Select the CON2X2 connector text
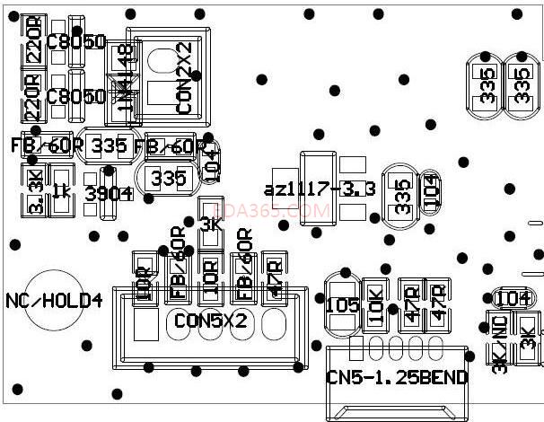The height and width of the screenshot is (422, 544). pos(184,78)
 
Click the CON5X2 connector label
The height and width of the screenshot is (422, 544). pos(210,320)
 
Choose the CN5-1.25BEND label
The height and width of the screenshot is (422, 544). pos(397,378)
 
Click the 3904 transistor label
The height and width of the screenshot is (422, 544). pos(109,193)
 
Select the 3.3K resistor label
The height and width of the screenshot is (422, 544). pos(34,191)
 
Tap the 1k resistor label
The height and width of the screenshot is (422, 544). pos(62,190)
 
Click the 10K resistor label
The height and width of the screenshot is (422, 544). pos(376,306)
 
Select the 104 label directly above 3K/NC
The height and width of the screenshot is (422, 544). pos(513,298)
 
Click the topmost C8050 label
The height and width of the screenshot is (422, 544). pos(76,41)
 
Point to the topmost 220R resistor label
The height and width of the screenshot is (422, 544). pos(33,40)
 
